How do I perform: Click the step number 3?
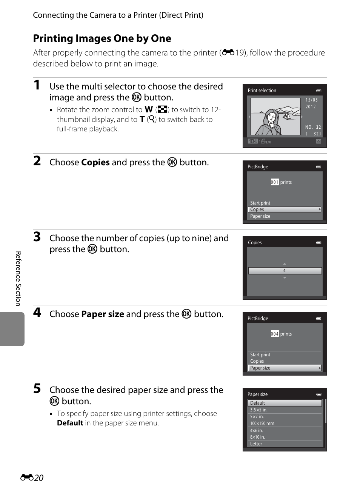37,237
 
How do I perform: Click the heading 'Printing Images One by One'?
102,38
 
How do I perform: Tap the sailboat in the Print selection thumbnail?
287,116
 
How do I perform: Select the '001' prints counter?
275,182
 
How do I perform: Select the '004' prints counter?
275,334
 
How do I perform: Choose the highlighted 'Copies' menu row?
285,209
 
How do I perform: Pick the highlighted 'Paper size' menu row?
285,368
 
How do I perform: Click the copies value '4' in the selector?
285,271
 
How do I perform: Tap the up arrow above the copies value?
285,264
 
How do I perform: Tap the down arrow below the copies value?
285,278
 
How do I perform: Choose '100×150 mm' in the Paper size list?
262,424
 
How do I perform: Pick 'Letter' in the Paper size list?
256,444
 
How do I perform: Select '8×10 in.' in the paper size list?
257,437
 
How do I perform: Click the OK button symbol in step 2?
172,162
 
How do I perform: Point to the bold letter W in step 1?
149,109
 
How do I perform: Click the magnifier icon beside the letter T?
151,119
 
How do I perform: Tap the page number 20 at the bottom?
39,478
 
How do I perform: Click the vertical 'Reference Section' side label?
18,279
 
